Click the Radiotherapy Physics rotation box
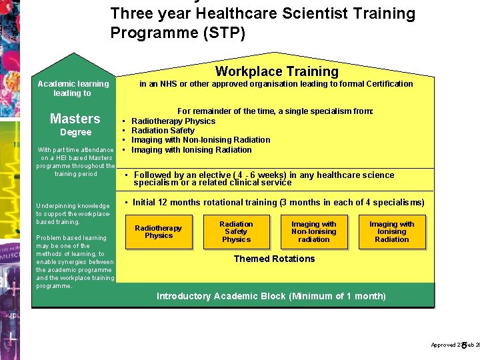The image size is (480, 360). tap(159, 232)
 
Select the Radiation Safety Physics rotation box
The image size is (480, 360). tap(236, 232)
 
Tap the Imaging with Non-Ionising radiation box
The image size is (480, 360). tap(314, 232)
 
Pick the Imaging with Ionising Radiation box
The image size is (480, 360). tap(392, 232)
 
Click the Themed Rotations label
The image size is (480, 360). tap(274, 259)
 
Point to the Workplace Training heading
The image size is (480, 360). tap(277, 71)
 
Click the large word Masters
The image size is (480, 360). tap(75, 119)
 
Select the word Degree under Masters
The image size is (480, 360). tap(75, 133)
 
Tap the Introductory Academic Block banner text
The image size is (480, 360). tap(271, 296)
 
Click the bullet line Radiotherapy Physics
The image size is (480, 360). tap(173, 121)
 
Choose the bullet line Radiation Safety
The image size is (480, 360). tap(163, 131)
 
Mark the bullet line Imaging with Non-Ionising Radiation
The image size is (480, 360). tap(201, 140)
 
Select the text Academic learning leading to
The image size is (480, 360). tap(73, 89)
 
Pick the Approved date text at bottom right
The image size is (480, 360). tap(455, 345)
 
